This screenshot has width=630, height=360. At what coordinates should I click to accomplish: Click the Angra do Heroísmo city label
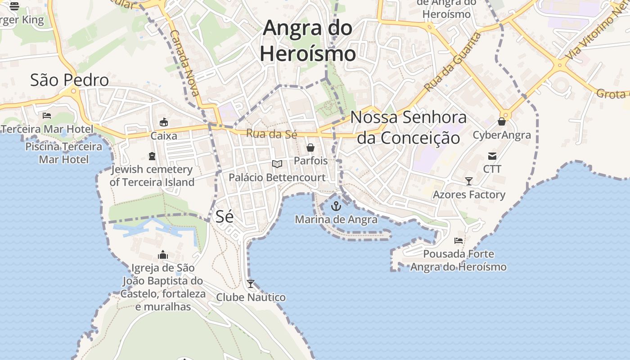tap(308, 40)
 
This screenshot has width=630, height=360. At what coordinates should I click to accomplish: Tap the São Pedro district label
tap(69, 80)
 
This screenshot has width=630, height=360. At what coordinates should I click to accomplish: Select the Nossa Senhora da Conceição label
tap(409, 127)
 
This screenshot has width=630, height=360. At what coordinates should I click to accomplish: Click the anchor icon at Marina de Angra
tap(336, 207)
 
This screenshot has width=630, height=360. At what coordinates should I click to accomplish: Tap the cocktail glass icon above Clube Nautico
tap(251, 284)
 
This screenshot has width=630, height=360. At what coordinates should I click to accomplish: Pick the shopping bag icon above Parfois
tap(310, 148)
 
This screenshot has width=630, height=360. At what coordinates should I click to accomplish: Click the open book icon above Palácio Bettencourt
tap(277, 164)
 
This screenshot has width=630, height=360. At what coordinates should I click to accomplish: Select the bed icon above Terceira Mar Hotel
tap(47, 116)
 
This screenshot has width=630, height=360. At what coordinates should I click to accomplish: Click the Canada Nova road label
tap(185, 63)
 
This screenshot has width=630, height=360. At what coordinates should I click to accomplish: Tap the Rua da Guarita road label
tap(452, 62)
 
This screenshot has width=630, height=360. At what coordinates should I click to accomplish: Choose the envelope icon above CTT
tap(492, 156)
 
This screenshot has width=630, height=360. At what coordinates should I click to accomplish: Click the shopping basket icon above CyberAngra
tap(502, 121)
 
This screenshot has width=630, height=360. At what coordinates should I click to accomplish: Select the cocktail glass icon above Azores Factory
tap(469, 181)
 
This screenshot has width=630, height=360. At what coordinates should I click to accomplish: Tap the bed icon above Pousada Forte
tap(459, 241)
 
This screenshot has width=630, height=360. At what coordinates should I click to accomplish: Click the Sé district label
tap(225, 216)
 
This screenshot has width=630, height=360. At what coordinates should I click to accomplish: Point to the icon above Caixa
tap(164, 122)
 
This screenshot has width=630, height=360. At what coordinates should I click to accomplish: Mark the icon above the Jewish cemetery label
tap(152, 156)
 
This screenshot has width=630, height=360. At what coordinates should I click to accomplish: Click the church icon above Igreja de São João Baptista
tap(163, 255)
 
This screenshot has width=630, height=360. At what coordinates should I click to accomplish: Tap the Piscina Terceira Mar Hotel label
tap(63, 153)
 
